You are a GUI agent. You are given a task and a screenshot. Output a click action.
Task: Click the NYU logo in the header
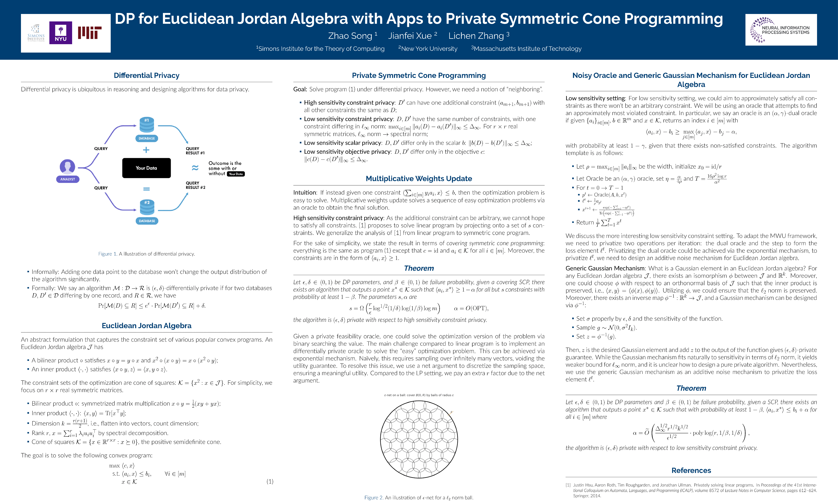tap(61, 33)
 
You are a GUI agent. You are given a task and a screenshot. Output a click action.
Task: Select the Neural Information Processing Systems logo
tap(781, 30)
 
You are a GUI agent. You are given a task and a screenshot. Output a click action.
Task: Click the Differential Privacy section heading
tap(146, 75)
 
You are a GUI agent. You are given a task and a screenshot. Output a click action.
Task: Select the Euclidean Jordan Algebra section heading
tap(146, 326)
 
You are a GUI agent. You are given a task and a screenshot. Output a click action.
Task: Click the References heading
tap(691, 471)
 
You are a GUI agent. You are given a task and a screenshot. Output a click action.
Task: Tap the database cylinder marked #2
tap(147, 207)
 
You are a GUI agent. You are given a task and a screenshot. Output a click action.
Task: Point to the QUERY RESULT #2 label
tap(195, 185)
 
